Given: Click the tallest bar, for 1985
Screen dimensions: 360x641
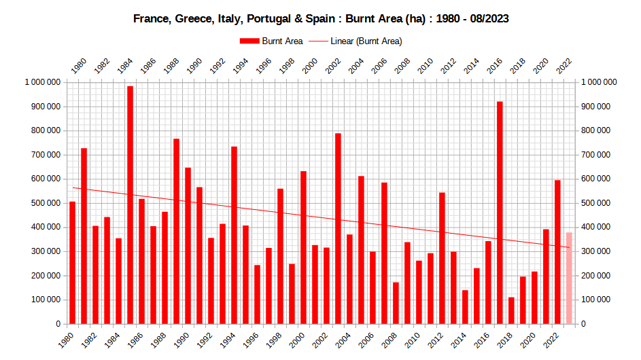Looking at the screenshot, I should click(x=130, y=204).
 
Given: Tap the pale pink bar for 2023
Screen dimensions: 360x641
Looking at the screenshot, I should click(x=569, y=278).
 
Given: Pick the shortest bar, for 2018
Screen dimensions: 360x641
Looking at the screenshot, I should click(x=511, y=310).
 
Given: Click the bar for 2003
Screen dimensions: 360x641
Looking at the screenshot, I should click(x=338, y=228).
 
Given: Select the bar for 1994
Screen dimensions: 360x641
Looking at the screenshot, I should click(x=234, y=235).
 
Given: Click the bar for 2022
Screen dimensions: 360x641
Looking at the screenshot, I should click(x=557, y=252).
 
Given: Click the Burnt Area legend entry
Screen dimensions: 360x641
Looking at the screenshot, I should click(x=271, y=41).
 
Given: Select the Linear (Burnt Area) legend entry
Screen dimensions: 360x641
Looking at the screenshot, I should click(x=356, y=41).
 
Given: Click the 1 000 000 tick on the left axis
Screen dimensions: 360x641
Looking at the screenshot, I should click(x=43, y=82).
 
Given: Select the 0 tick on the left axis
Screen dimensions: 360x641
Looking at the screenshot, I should click(x=59, y=324).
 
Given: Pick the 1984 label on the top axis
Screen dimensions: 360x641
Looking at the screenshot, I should click(x=125, y=66).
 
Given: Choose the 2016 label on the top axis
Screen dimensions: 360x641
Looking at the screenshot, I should click(x=495, y=66).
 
